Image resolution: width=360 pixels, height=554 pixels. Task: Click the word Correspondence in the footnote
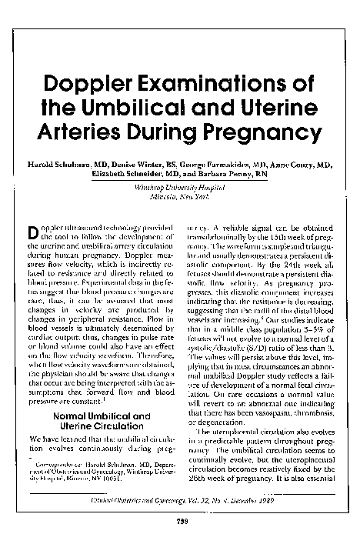[60, 464]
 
